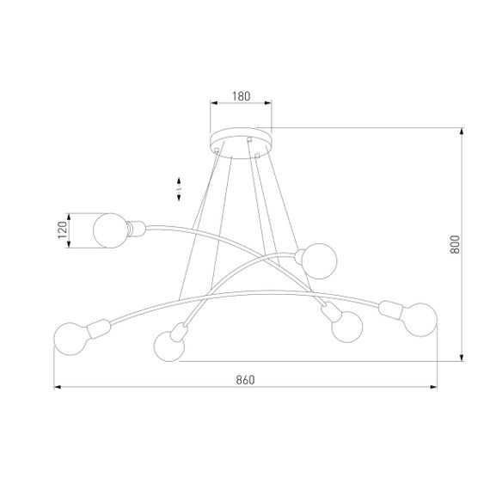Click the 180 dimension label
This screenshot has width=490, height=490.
click(241, 97)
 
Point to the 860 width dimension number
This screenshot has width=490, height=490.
click(246, 379)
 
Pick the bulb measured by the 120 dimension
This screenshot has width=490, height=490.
click(110, 230)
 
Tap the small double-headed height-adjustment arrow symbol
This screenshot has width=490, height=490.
click(179, 184)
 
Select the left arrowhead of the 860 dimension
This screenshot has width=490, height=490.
click(58, 388)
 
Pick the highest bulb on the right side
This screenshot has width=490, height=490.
click(317, 260)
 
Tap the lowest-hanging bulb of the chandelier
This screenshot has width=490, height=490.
click(168, 346)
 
